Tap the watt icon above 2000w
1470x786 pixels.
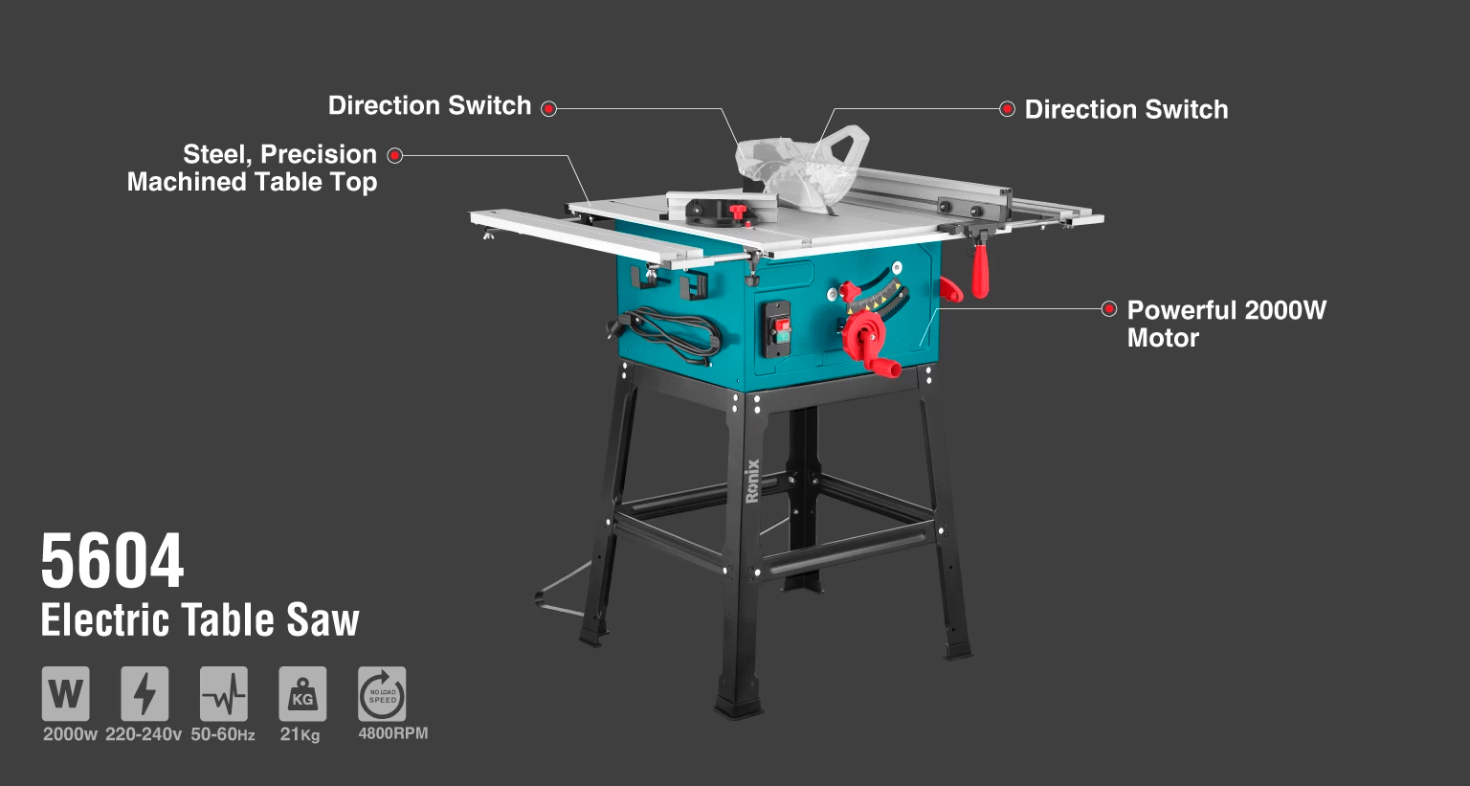66,693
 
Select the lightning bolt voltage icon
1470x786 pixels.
145,693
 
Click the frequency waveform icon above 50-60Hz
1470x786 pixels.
224,693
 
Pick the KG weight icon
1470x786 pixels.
302,693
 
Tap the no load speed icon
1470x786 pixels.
382,693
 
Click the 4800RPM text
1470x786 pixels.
393,732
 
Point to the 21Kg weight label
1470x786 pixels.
300,734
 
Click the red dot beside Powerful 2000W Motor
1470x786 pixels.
1109,308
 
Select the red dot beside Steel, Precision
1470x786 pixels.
394,156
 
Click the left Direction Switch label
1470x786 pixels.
429,105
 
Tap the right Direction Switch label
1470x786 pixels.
1126,110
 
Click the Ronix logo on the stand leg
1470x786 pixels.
753,482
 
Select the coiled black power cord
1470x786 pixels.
669,335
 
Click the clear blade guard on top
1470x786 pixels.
802,164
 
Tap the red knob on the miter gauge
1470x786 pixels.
738,212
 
